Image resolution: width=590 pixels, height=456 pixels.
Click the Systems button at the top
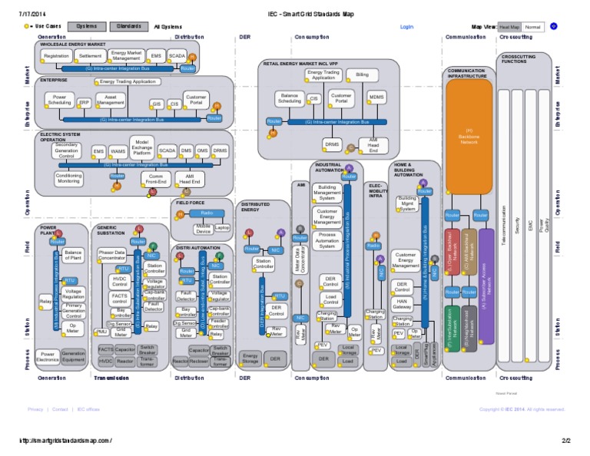[86, 26]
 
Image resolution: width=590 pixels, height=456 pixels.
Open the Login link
[407, 26]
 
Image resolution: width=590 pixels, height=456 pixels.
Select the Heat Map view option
[509, 26]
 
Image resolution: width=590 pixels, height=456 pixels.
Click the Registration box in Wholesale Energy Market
[57, 56]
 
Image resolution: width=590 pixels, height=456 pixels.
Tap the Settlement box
[91, 56]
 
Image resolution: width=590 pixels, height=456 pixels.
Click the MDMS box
[376, 97]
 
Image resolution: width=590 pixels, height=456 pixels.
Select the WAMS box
[118, 151]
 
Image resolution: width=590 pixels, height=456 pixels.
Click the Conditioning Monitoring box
[68, 178]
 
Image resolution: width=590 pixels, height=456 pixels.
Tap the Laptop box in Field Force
[222, 228]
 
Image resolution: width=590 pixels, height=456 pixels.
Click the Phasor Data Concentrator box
[111, 255]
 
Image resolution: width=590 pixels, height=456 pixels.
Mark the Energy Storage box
[250, 359]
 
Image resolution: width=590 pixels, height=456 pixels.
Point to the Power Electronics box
[46, 357]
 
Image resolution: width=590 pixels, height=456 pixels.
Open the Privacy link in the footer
[35, 409]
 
